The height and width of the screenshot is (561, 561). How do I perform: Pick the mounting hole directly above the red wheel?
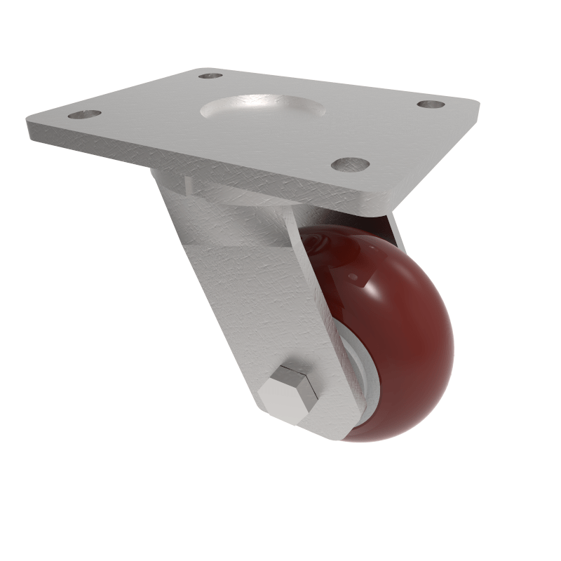[351, 164]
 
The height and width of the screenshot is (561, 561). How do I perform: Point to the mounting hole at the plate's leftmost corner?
[84, 114]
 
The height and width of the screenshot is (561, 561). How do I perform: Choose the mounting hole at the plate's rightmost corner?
[431, 104]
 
